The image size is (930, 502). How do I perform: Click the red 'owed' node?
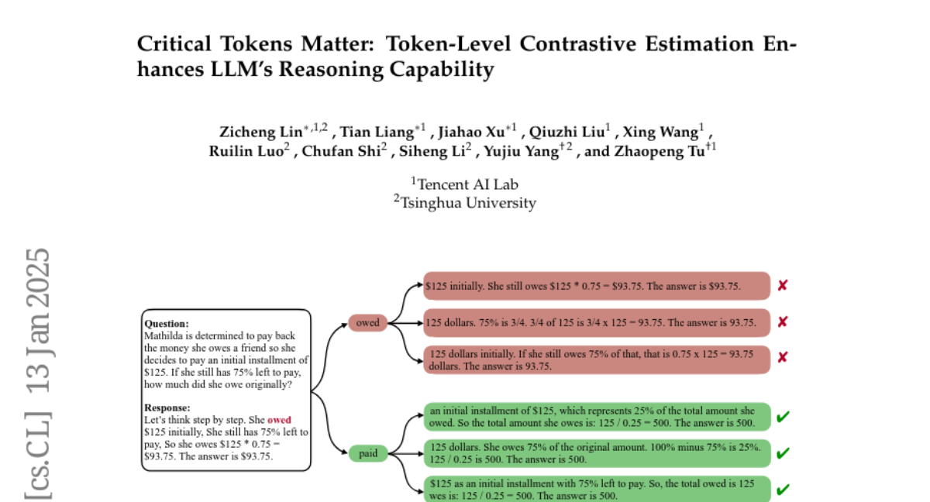367,323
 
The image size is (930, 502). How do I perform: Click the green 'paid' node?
368,453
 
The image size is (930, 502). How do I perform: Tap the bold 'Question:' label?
166,324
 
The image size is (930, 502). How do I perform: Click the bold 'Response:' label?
167,407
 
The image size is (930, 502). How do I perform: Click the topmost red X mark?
783,285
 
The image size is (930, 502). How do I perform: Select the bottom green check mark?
783,490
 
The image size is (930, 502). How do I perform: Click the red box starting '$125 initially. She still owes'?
597,286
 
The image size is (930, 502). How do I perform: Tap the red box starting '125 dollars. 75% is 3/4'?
597,321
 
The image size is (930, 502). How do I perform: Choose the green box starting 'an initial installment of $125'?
597,416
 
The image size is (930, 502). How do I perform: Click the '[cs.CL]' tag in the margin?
39,449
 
